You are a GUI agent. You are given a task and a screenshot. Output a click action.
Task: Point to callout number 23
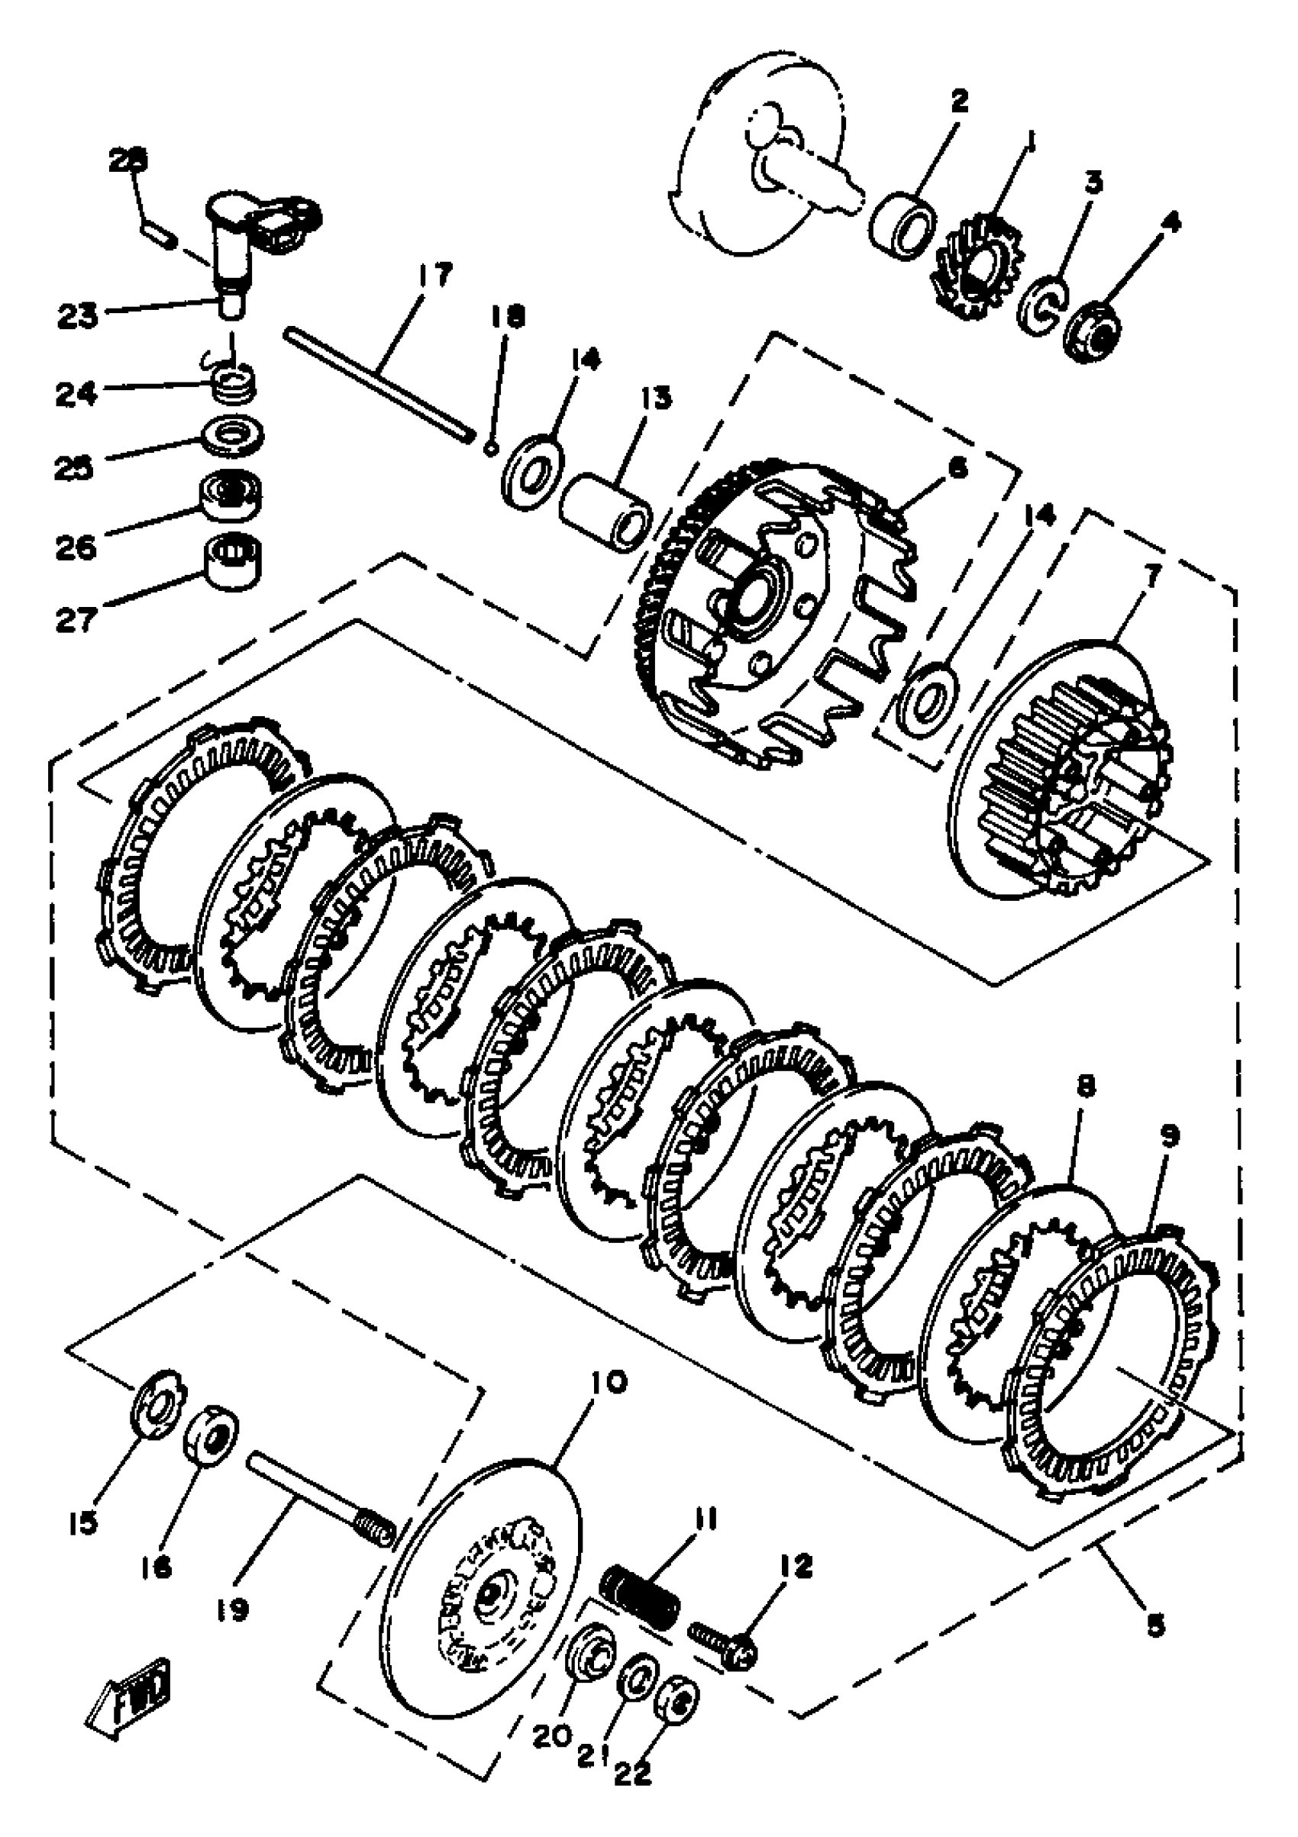click(78, 315)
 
